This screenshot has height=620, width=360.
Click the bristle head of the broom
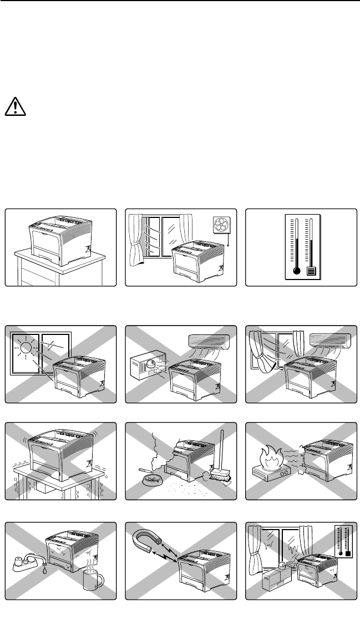click(x=212, y=475)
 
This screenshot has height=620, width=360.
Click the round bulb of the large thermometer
click(x=297, y=271)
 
